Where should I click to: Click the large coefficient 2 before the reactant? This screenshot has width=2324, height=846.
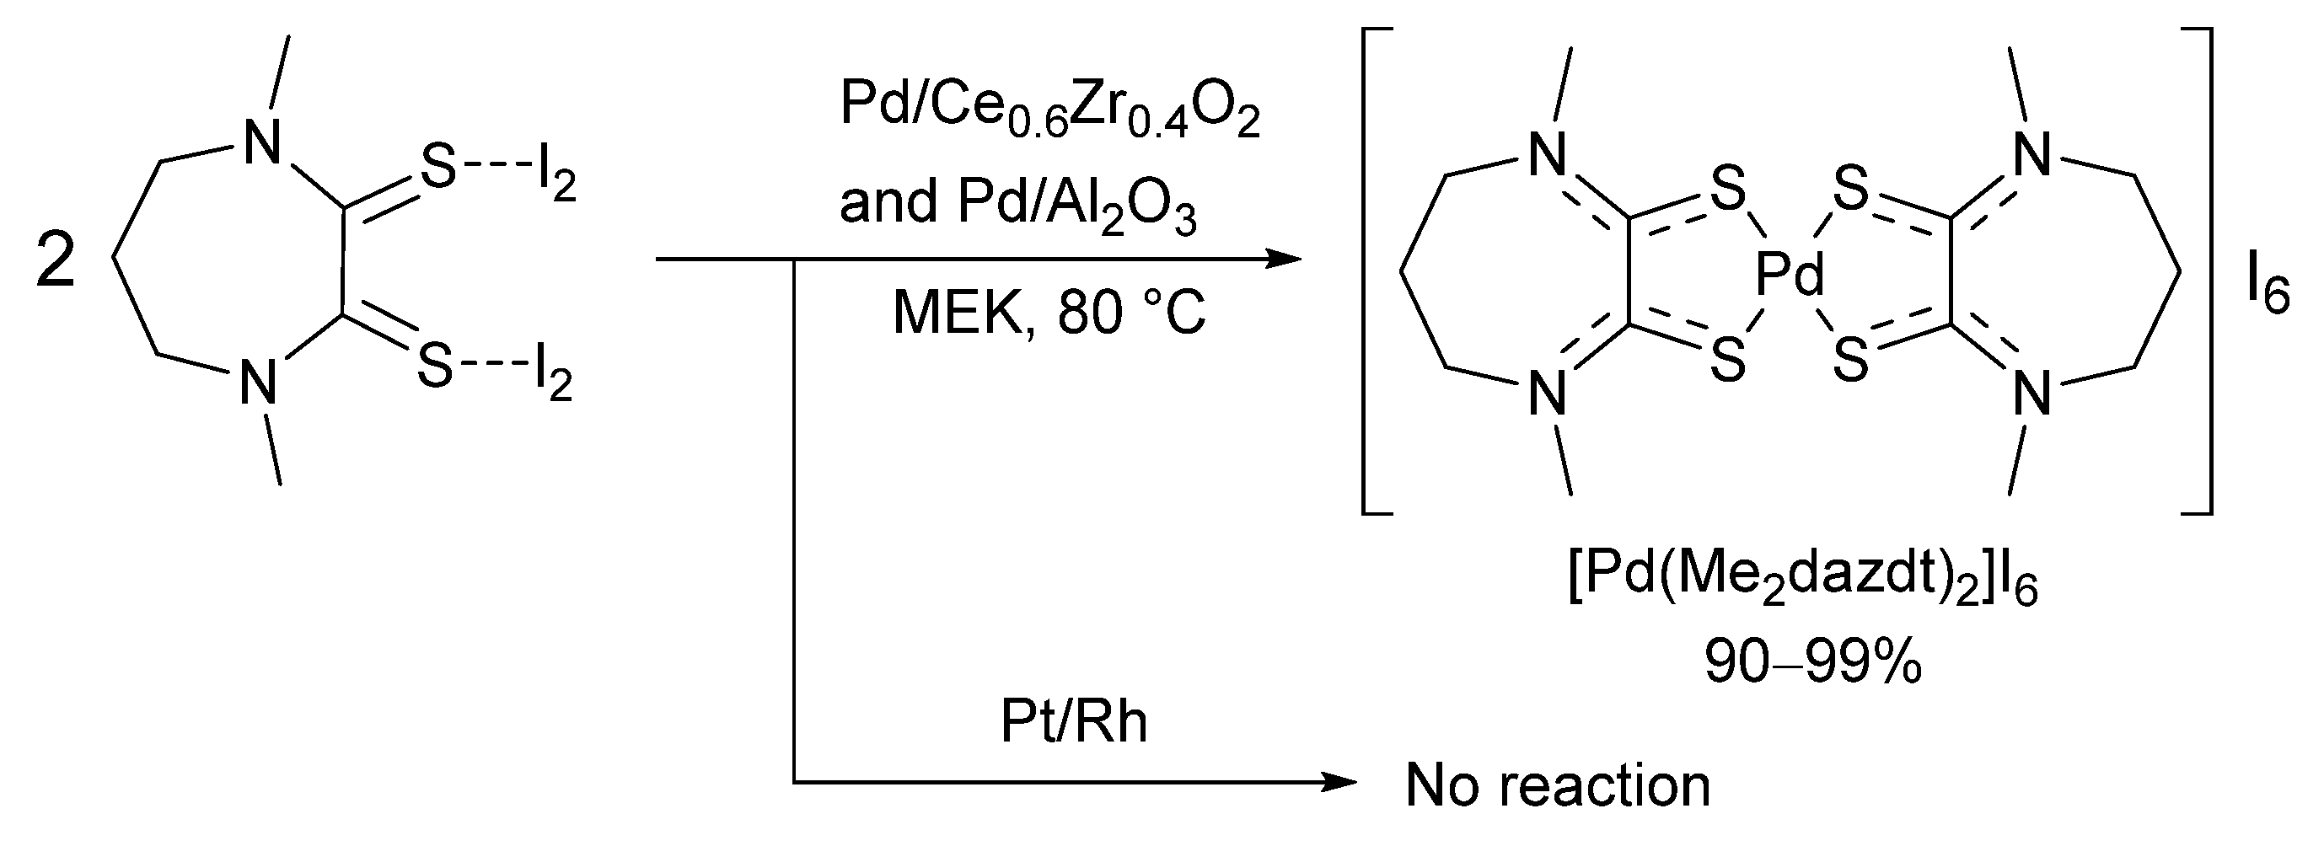[56, 261]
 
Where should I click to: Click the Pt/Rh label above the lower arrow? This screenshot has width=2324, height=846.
[1074, 721]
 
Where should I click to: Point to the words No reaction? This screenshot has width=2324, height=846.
[1558, 785]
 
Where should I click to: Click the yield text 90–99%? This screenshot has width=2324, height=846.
[1813, 665]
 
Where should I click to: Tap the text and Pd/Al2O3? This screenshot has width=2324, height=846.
[1018, 205]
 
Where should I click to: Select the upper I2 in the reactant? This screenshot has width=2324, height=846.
[555, 179]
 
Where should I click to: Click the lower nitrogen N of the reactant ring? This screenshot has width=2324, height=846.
[258, 383]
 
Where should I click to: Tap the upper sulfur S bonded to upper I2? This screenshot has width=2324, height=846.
[439, 169]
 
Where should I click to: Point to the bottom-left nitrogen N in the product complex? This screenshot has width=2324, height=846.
[1548, 394]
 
